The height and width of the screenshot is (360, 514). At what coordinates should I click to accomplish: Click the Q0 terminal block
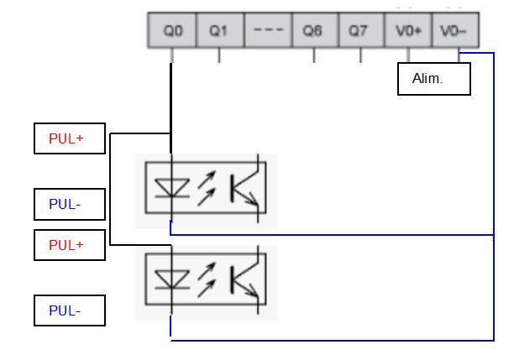tap(173, 31)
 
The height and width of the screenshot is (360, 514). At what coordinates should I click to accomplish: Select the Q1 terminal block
tap(219, 31)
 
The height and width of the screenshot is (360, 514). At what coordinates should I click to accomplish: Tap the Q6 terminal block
tap(313, 31)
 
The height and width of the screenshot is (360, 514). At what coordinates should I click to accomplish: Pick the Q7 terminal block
tap(359, 31)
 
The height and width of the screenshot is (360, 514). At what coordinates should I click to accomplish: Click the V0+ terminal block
tap(407, 31)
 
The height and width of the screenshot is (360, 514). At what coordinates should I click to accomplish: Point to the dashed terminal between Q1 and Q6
tap(267, 31)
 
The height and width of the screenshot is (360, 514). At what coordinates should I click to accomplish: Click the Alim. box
tap(433, 79)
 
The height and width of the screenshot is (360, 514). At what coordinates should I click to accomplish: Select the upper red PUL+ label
tap(69, 138)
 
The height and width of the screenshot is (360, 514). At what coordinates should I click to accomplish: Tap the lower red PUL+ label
tap(69, 245)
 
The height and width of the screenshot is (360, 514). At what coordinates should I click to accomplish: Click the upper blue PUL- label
tap(69, 203)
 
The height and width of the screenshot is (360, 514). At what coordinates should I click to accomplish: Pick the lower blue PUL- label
tap(69, 310)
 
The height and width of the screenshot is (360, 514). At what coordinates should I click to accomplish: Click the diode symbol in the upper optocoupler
tap(170, 190)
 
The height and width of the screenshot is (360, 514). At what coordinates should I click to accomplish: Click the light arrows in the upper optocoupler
tap(207, 190)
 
